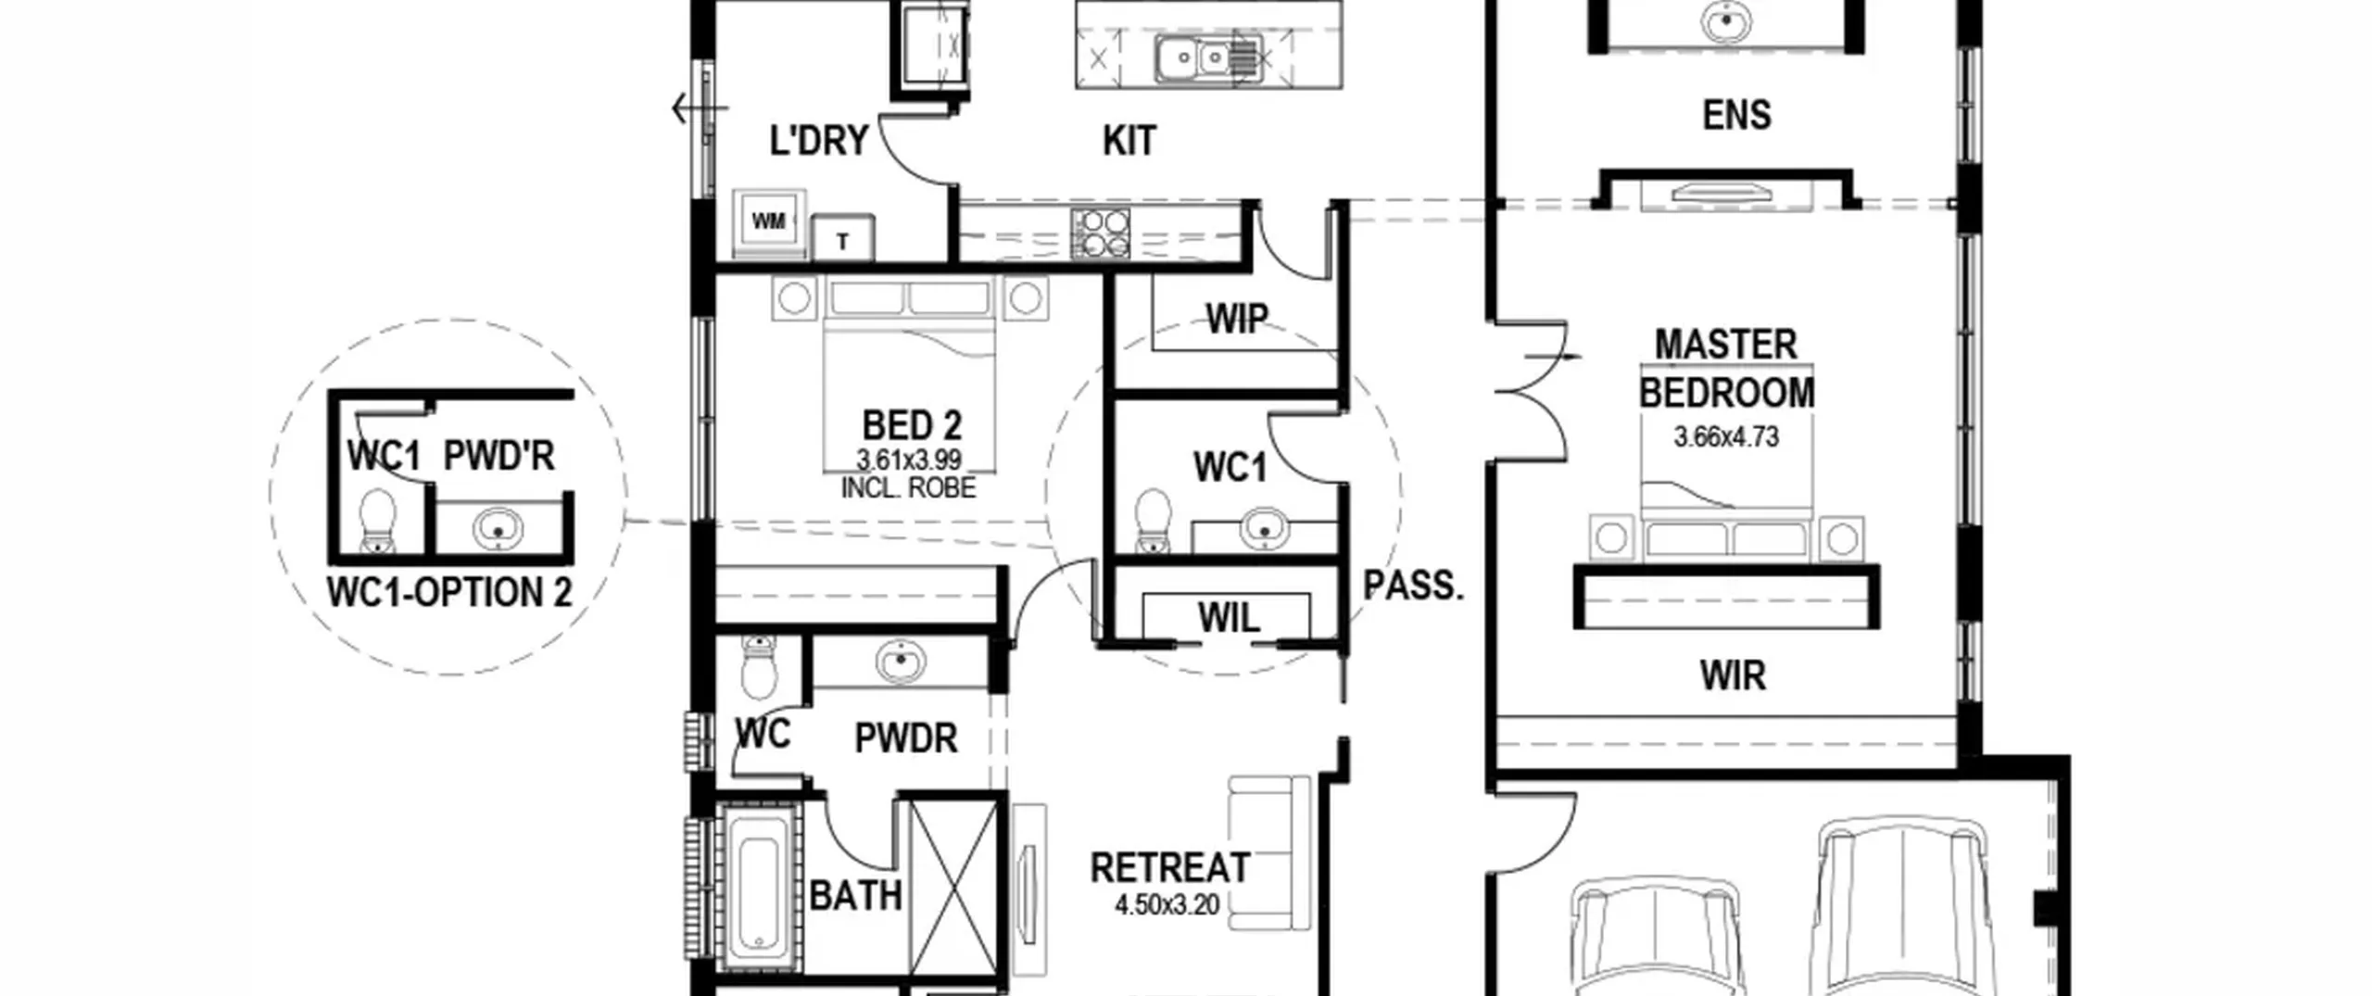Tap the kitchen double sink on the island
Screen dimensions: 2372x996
pyautogui.click(x=1207, y=59)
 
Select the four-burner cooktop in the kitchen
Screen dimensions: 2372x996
pyautogui.click(x=1101, y=233)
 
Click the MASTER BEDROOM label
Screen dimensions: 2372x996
pyautogui.click(x=1726, y=369)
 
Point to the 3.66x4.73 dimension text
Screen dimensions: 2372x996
pyautogui.click(x=1726, y=436)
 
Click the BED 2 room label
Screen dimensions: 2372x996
pyautogui.click(x=912, y=426)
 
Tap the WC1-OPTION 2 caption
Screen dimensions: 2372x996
pyautogui.click(x=449, y=592)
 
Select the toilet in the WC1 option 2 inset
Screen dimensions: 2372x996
pyautogui.click(x=377, y=521)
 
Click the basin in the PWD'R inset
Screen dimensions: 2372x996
pyautogui.click(x=498, y=530)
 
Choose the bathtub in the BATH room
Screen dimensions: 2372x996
pyautogui.click(x=759, y=887)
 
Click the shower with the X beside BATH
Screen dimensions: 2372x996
pyautogui.click(x=953, y=888)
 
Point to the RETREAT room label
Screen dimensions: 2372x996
pyautogui.click(x=1170, y=868)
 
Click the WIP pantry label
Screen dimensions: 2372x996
pyautogui.click(x=1236, y=319)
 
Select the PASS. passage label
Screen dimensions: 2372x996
pyautogui.click(x=1413, y=586)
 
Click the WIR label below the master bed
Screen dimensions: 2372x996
pyautogui.click(x=1733, y=676)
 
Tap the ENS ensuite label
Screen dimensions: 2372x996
pyautogui.click(x=1736, y=115)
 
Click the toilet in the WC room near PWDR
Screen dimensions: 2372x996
pyautogui.click(x=759, y=667)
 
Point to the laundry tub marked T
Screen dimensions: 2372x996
pyautogui.click(x=843, y=239)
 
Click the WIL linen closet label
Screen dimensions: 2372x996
pyautogui.click(x=1229, y=618)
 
